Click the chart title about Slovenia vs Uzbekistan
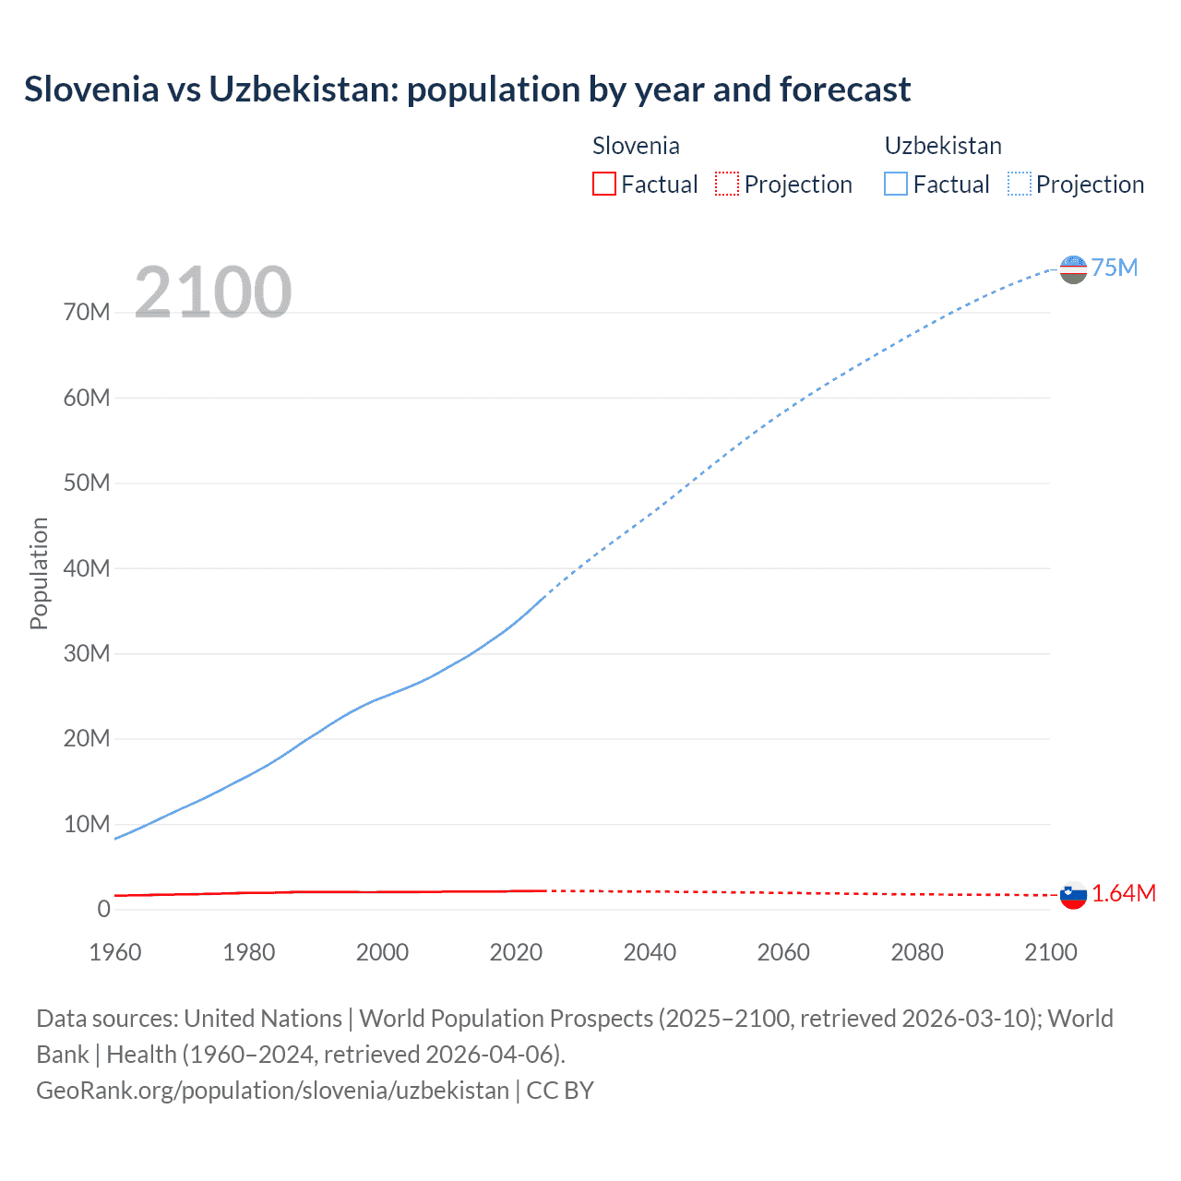[467, 89]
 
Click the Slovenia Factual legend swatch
[603, 185]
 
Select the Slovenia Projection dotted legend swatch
[727, 185]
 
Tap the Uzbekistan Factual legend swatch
[896, 185]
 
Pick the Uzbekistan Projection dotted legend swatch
[1020, 185]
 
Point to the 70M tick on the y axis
[87, 313]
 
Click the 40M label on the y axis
[87, 568]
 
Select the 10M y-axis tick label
[87, 824]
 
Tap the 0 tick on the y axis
[103, 909]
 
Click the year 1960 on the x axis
[115, 952]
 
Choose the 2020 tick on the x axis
[516, 952]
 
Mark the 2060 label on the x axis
[783, 952]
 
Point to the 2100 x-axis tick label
[1050, 952]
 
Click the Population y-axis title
[39, 573]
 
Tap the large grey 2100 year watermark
[213, 292]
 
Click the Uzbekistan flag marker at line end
[1073, 269]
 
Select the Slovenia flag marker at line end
[1073, 895]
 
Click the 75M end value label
[1115, 268]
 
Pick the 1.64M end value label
[1124, 893]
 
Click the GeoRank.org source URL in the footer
[272, 1091]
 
